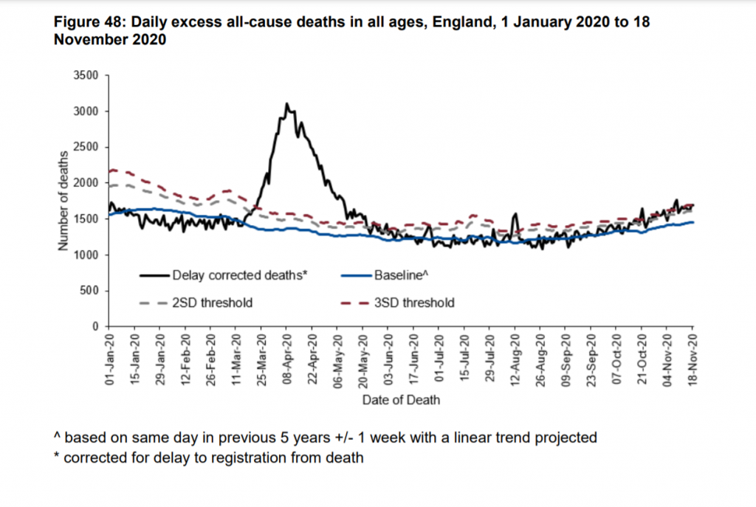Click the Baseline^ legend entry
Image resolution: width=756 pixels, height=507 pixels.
[x=398, y=276]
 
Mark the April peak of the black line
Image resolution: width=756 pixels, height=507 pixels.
[x=286, y=104]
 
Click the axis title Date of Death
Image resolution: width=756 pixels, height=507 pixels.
[x=401, y=399]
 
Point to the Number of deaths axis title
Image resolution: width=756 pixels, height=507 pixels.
[x=63, y=201]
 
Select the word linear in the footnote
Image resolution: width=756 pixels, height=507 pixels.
[x=463, y=438]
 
